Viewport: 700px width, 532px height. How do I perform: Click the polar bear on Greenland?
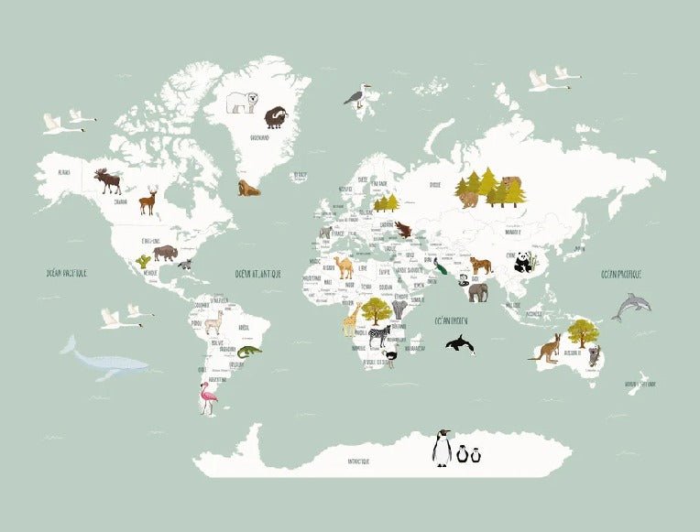(x=243, y=102)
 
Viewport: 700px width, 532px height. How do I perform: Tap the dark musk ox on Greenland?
(x=275, y=118)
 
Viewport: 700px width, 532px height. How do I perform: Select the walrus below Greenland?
(x=248, y=189)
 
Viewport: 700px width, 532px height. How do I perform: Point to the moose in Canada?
(x=108, y=179)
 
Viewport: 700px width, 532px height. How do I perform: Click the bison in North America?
(x=165, y=252)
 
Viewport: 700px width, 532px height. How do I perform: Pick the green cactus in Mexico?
(x=143, y=262)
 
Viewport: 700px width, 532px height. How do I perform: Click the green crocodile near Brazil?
(x=248, y=351)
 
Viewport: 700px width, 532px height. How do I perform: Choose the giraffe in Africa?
(x=352, y=320)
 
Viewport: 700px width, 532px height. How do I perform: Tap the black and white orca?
(x=460, y=344)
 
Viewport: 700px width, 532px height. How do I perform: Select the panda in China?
(x=525, y=263)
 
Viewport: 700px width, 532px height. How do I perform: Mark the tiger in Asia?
(x=480, y=266)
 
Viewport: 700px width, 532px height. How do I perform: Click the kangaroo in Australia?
(x=546, y=348)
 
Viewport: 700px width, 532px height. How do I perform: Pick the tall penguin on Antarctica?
(x=442, y=448)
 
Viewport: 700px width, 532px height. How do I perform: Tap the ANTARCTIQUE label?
(x=352, y=461)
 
